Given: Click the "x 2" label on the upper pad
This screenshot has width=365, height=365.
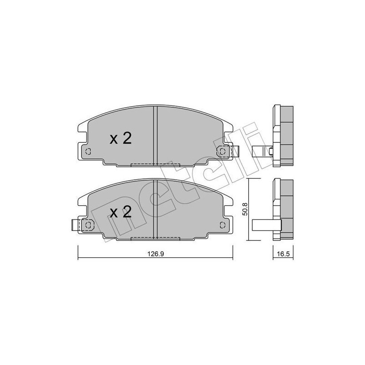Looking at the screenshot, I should click(120, 138).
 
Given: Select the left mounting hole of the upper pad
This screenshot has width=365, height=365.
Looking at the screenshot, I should click(89, 151).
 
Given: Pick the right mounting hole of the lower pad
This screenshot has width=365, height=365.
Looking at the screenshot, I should click(223, 224).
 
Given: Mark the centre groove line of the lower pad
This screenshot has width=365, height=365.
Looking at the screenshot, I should click(156, 208).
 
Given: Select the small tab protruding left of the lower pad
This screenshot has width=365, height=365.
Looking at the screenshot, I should click(76, 224).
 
